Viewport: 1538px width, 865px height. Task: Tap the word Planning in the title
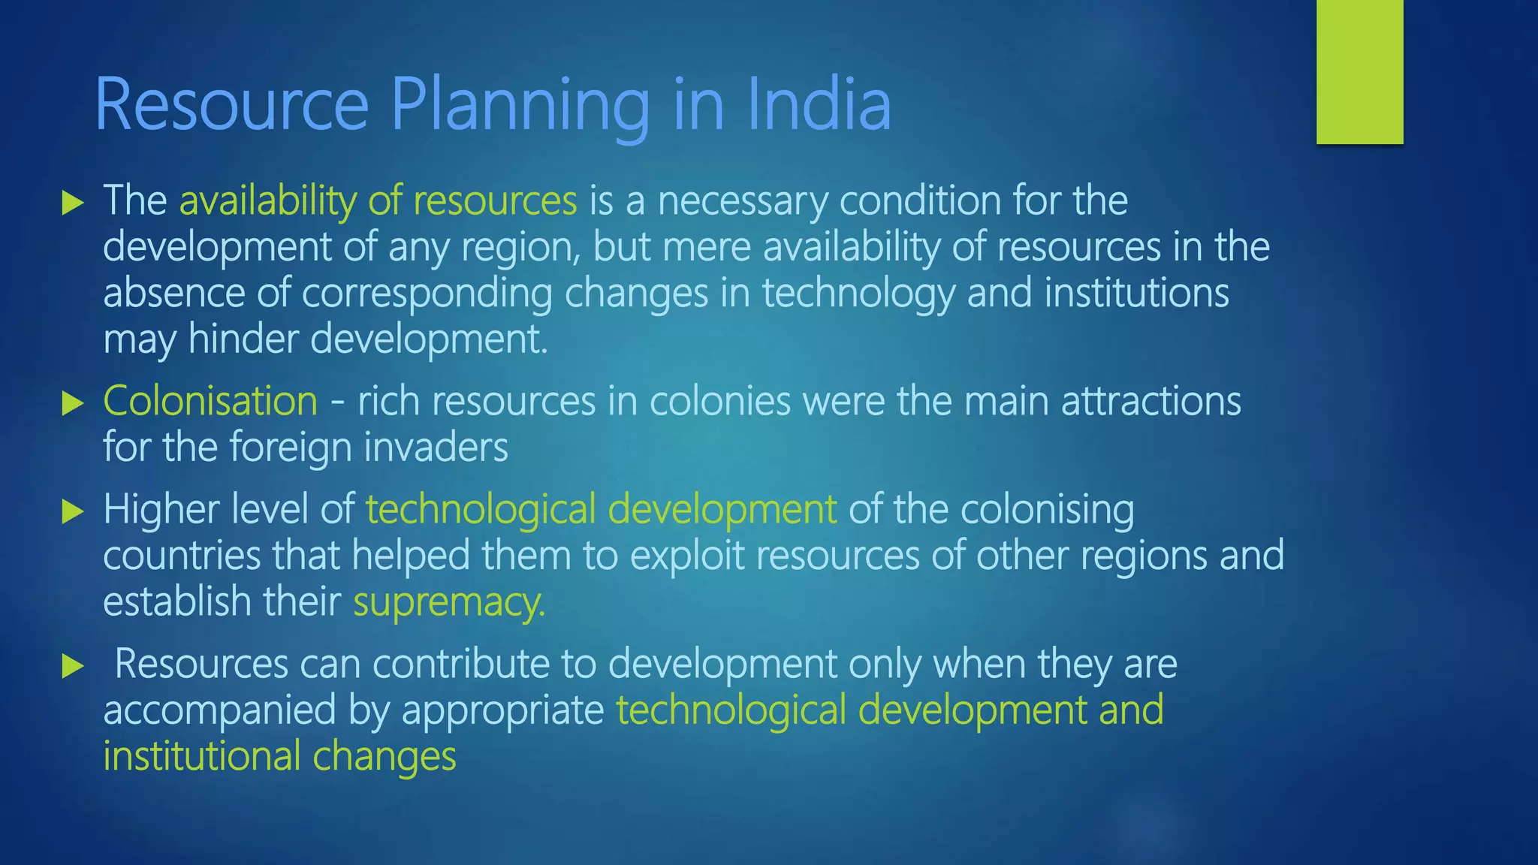(520, 105)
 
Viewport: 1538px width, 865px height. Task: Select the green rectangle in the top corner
(1359, 71)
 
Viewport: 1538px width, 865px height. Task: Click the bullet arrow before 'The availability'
(72, 202)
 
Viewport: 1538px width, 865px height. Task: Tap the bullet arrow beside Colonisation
(72, 402)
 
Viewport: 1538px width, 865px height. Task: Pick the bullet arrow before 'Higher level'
(72, 511)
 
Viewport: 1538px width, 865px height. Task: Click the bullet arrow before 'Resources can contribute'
(72, 665)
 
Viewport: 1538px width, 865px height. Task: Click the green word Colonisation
(210, 401)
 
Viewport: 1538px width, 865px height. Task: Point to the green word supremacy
(448, 602)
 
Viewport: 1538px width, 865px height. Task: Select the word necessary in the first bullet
(742, 201)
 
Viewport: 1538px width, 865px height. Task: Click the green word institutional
(201, 756)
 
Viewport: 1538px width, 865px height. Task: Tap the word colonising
(1047, 511)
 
